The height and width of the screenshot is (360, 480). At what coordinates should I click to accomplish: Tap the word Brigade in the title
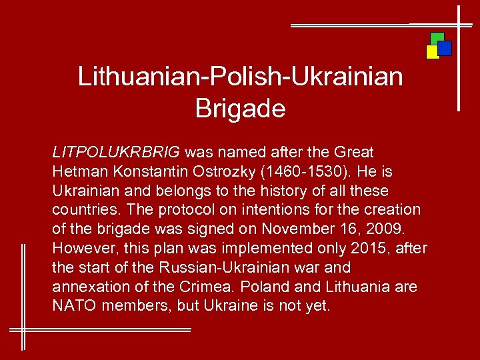coord(240,108)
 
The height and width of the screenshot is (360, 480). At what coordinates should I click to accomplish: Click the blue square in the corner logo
coord(445,48)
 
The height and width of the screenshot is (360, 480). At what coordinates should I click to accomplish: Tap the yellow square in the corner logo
coord(432,52)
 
